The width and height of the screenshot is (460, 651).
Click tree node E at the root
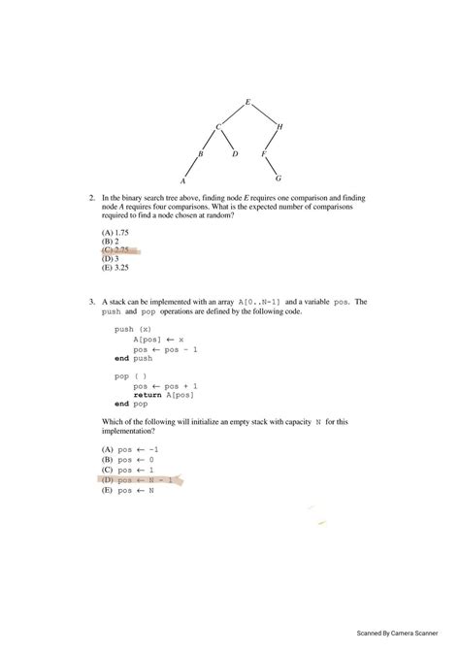(248, 102)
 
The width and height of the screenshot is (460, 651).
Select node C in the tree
(218, 127)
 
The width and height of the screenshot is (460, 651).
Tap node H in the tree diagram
(280, 127)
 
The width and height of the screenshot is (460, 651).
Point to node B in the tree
(201, 154)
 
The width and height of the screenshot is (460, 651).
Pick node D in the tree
(236, 154)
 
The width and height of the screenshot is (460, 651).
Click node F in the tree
(264, 154)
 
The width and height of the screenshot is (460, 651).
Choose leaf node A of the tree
(183, 181)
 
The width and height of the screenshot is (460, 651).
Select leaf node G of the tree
(279, 179)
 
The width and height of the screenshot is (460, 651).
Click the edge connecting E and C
(234, 114)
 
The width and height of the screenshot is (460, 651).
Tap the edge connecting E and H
(264, 114)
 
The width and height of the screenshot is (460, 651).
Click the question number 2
(91, 198)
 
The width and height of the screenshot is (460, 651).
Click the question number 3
(91, 302)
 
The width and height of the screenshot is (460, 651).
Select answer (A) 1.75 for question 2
(115, 233)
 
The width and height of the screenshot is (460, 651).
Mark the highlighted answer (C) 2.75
(116, 250)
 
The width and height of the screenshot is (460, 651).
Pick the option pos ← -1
(127, 450)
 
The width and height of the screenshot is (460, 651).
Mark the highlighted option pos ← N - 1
(137, 479)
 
